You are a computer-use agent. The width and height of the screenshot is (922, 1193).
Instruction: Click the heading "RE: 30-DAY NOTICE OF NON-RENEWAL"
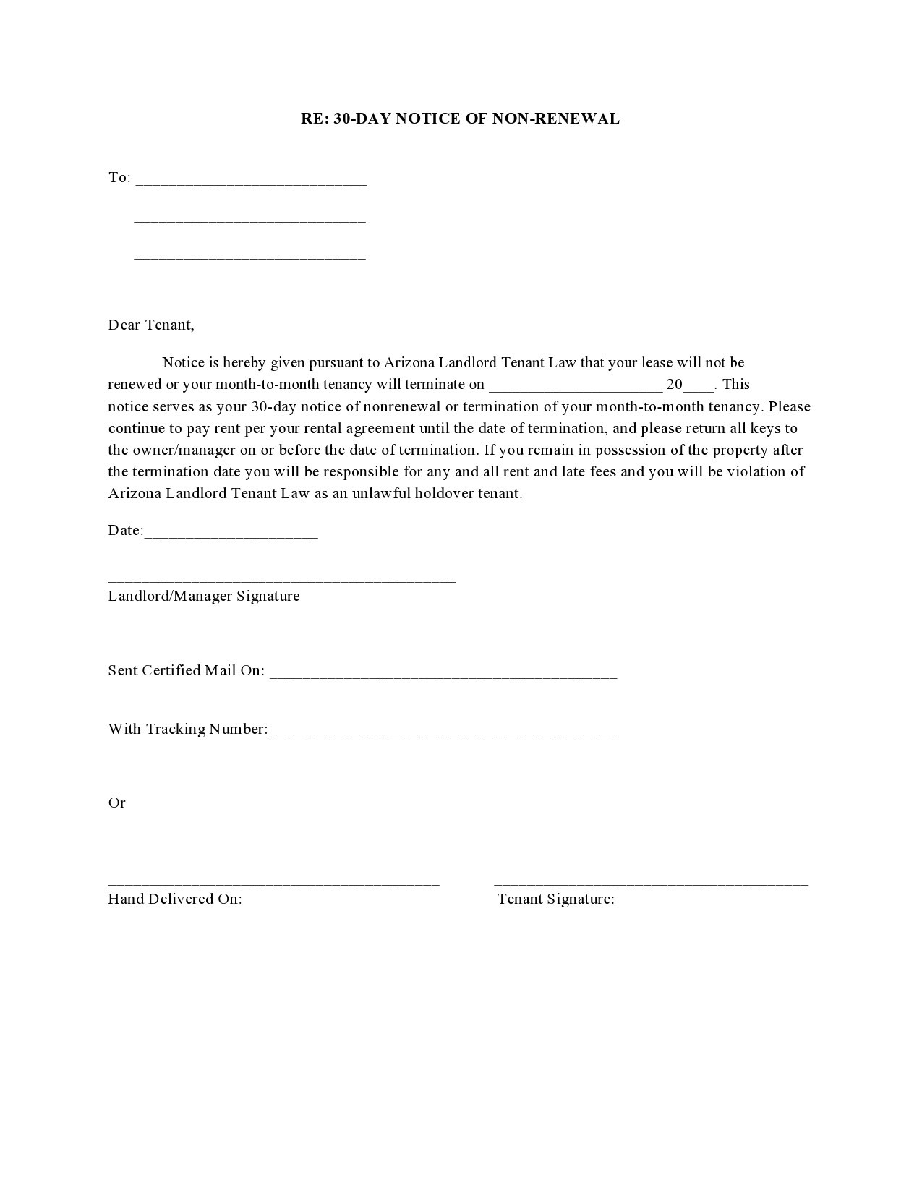tap(460, 119)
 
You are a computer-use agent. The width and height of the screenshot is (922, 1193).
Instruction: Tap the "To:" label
tap(119, 178)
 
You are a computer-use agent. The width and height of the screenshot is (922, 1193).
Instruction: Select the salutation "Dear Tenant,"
tap(151, 325)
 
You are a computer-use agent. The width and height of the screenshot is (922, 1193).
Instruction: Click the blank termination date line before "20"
tap(576, 388)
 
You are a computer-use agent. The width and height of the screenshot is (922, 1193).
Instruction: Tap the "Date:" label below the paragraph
tap(125, 531)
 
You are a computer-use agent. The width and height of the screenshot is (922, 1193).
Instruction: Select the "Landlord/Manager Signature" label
tap(204, 596)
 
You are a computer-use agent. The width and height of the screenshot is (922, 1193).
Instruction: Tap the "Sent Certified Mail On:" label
tap(187, 671)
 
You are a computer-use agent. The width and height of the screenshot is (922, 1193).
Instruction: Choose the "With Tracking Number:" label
tap(188, 729)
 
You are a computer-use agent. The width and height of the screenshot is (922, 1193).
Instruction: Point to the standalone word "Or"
tap(116, 803)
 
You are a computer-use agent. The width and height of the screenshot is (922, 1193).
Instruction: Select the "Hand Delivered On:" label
tap(175, 899)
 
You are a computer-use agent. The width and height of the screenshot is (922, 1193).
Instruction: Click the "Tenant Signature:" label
tap(555, 899)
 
